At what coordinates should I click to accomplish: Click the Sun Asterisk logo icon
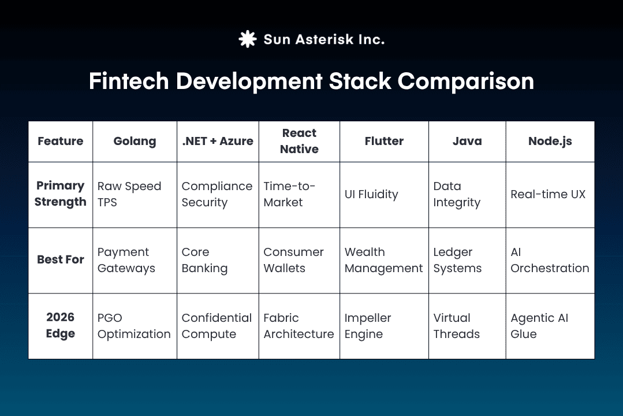tap(247, 39)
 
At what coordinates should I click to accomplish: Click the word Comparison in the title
tap(465, 81)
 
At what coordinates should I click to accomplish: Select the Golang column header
tap(135, 142)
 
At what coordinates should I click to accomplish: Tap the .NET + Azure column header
tap(218, 142)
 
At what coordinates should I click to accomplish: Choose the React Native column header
tap(299, 142)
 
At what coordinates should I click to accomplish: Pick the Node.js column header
tap(550, 142)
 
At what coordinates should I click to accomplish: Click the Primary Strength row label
tap(61, 194)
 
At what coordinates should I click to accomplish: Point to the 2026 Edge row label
tap(61, 326)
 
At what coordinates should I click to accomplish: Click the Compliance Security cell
tap(217, 195)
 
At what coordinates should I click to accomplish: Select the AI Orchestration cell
tap(550, 260)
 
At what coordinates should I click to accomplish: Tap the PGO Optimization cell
tap(134, 326)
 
